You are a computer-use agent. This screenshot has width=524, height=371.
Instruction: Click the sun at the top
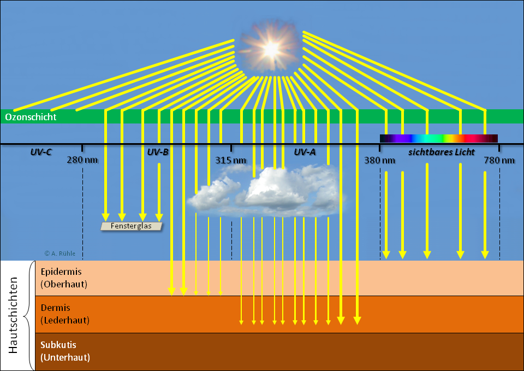pyautogui.click(x=270, y=48)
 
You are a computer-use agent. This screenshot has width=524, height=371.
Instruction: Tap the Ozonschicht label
pyautogui.click(x=31, y=117)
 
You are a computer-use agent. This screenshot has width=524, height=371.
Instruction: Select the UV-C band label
pyautogui.click(x=41, y=152)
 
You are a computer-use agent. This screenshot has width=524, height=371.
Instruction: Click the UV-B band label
pyautogui.click(x=158, y=152)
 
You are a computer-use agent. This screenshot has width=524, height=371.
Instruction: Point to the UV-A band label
pyautogui.click(x=305, y=152)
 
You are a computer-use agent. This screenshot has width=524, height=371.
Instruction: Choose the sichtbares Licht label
pyautogui.click(x=442, y=152)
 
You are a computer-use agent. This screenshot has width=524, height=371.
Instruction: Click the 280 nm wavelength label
pyautogui.click(x=82, y=160)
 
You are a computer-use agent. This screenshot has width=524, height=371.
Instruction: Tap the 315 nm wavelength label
pyautogui.click(x=231, y=160)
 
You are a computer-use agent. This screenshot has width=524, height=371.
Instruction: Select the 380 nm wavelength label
pyautogui.click(x=380, y=160)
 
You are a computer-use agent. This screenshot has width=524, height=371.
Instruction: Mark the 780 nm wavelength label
pyautogui.click(x=499, y=160)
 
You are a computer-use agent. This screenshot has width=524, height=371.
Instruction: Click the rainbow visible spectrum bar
pyautogui.click(x=438, y=138)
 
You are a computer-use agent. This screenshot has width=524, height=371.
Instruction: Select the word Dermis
pyautogui.click(x=55, y=308)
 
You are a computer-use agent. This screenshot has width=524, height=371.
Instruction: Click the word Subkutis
pyautogui.click(x=58, y=345)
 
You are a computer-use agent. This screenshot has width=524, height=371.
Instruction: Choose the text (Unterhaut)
pyautogui.click(x=65, y=358)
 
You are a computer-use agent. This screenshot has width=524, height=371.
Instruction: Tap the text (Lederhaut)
pyautogui.click(x=65, y=320)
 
